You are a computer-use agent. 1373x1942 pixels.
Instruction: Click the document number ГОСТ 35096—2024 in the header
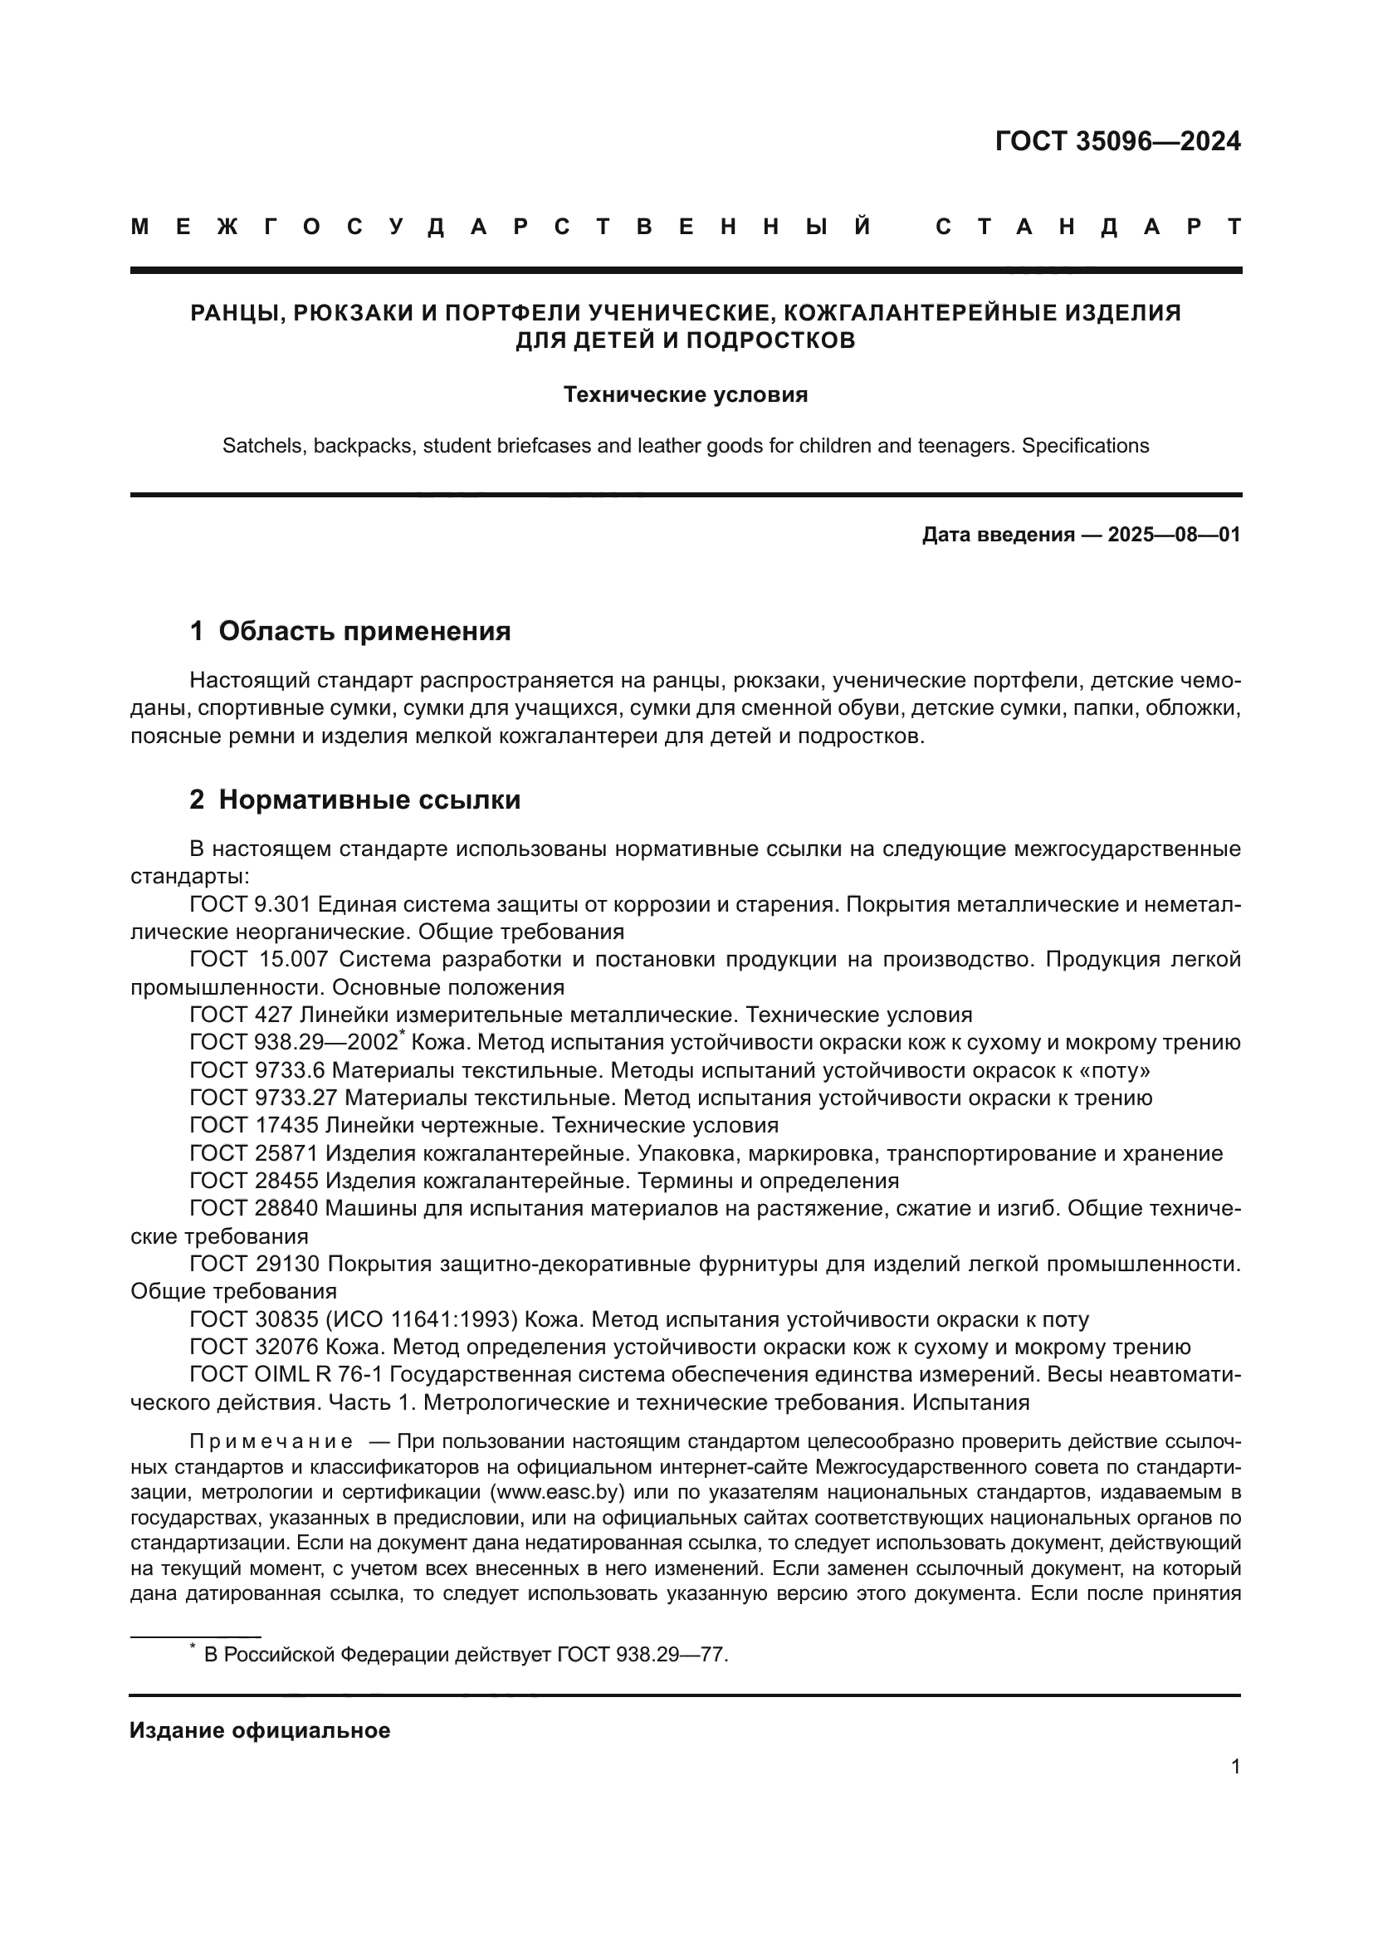1116,141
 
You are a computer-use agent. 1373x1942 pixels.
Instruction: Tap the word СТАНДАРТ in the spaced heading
1088,227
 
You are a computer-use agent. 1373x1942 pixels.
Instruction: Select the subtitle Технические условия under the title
685,395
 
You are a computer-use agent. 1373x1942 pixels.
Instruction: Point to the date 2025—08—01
1174,535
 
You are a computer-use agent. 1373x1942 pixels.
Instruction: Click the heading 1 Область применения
350,631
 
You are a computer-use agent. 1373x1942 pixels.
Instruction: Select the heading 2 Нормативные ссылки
355,800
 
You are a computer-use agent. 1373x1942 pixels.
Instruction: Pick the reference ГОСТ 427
241,1014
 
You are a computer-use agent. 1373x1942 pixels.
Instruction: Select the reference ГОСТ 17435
254,1125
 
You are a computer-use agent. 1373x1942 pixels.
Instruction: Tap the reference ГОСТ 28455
254,1180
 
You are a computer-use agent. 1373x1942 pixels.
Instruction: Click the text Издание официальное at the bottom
260,1730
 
